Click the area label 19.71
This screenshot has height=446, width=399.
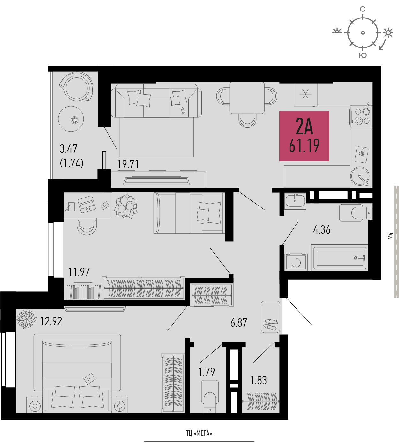pos(128,164)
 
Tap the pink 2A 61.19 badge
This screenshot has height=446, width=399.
pos(304,136)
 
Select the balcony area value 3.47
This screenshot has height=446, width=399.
pos(68,148)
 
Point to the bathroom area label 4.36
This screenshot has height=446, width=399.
pos(322,230)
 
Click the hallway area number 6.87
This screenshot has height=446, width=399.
pos(239,322)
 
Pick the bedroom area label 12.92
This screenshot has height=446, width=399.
pos(51,321)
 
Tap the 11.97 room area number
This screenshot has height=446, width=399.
pos(79,272)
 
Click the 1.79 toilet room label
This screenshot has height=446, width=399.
pos(207,372)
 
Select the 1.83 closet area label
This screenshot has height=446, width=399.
pos(259,380)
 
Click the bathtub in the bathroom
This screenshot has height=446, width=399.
pos(340,257)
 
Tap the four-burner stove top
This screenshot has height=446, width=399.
pos(361,117)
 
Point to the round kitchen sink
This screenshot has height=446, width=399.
pos(360,176)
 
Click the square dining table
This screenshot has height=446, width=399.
pos(247,98)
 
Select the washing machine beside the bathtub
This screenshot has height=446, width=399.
pos(296,262)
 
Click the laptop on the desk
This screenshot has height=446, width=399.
pos(87,204)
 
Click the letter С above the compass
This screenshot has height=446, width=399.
pos(363,9)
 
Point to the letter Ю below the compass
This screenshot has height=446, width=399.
pos(363,55)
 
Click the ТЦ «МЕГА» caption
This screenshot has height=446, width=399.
pos(199,433)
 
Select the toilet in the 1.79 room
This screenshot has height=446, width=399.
pos(210,396)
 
